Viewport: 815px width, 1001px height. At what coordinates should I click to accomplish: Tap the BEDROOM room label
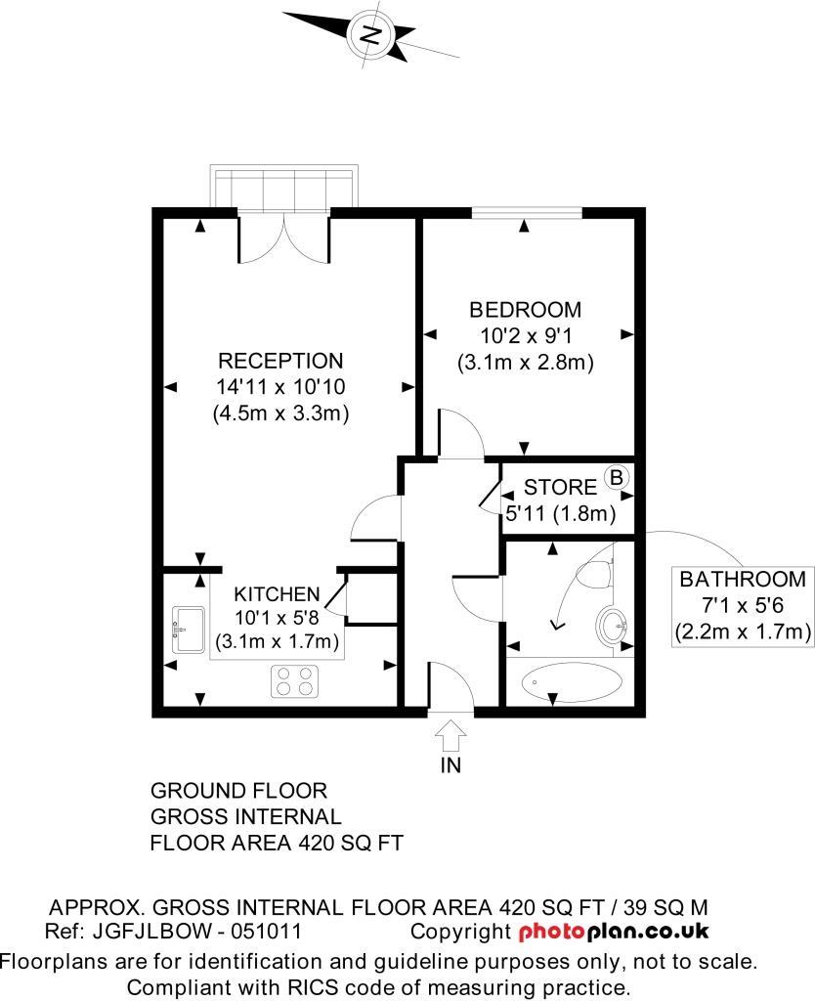coord(525,310)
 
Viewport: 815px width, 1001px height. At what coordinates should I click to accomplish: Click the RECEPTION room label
coord(280,360)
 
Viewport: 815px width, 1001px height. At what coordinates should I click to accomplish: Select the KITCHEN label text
coord(277,593)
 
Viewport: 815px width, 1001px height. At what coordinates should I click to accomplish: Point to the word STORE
coord(560,487)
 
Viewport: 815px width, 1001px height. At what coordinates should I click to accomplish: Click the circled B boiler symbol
coord(617,478)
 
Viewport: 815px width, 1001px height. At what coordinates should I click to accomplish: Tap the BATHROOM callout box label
coord(743,578)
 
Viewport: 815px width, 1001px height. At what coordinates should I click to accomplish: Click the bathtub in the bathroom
coord(571,681)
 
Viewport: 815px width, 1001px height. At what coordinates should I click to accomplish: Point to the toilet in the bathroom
coord(598,572)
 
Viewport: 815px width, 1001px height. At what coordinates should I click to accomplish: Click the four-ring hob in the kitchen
coord(295,680)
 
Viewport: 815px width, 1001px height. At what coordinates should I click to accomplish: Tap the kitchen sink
coord(187,629)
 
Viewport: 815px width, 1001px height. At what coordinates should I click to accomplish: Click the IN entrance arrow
coord(450,733)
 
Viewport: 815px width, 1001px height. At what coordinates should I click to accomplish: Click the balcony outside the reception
coord(283,188)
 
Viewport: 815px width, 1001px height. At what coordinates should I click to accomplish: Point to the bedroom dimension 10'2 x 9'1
coord(525,335)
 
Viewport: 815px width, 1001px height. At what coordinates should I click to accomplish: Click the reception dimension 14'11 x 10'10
coord(280,386)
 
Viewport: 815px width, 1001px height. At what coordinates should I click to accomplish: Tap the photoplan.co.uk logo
coord(614,932)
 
